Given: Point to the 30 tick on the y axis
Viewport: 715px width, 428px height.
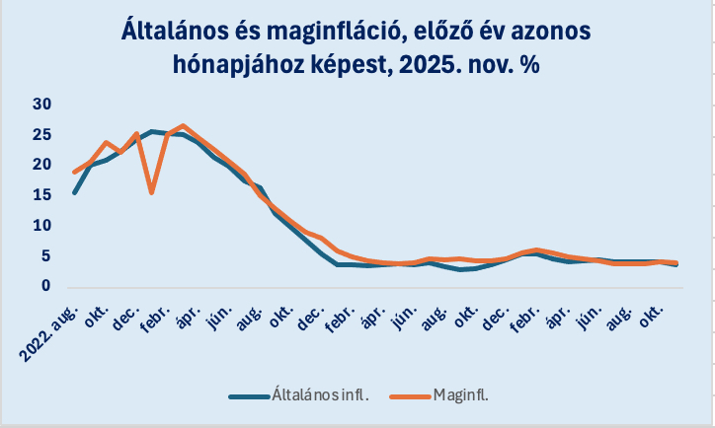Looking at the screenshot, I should point(41,105).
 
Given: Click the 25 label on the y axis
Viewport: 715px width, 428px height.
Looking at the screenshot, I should point(41,135).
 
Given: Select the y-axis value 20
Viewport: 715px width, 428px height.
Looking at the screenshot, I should point(41,165).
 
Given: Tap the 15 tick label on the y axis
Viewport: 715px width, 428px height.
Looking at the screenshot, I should point(41,195).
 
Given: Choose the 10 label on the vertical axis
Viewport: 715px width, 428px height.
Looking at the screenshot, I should point(41,226).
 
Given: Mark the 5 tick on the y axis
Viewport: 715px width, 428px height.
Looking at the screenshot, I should point(45,256).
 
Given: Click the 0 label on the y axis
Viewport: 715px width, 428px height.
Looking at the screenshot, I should point(45,286).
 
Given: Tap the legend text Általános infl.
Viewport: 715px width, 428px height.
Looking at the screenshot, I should point(332,395).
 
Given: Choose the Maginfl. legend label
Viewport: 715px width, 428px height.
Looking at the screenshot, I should point(461,395).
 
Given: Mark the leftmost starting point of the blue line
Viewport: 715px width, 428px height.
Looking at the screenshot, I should point(75,192).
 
